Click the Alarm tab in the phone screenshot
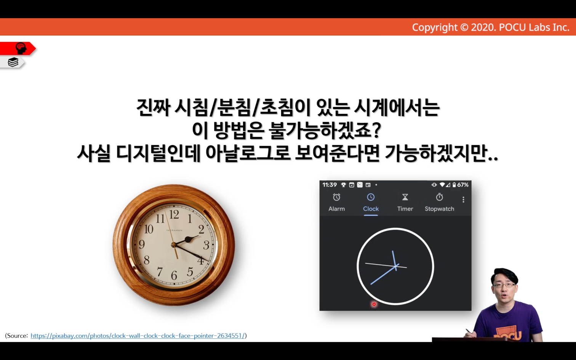tap(336, 203)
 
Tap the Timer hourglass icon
tap(405, 197)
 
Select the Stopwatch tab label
tap(439, 209)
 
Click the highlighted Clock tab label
tap(371, 209)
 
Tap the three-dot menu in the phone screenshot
tap(463, 200)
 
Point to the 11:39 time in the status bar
tap(330, 185)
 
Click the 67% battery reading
tap(462, 185)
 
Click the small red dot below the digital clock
tap(374, 304)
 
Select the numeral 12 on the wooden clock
tap(174, 214)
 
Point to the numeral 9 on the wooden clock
tap(142, 244)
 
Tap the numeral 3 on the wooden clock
tap(206, 245)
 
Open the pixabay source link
tap(138, 336)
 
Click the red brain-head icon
tap(21, 48)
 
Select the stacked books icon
tap(13, 62)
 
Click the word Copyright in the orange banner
tap(435, 27)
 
